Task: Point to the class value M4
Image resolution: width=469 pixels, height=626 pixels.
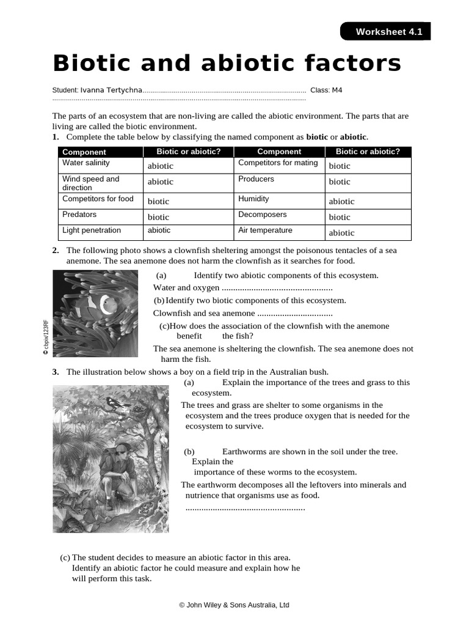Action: (x=336, y=90)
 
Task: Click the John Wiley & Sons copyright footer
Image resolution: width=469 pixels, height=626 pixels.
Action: (x=234, y=605)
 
